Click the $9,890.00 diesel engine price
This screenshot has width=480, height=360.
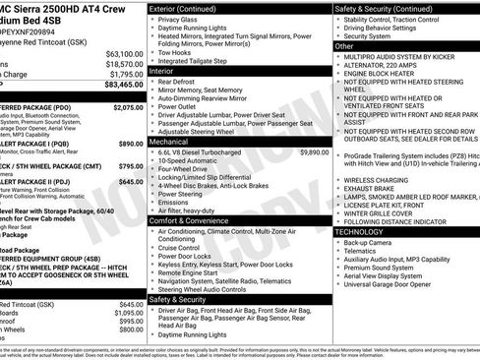314,153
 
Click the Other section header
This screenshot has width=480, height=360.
344,46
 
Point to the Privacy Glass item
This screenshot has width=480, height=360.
177,19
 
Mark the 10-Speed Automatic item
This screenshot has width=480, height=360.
188,161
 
